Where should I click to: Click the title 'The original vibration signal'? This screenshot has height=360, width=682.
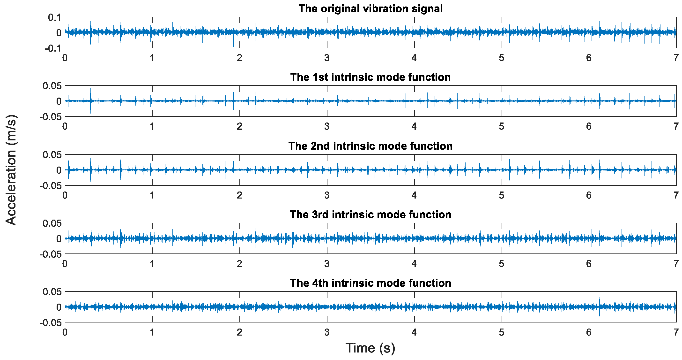tap(371, 9)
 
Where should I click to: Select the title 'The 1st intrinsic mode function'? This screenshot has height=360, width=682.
tap(371, 77)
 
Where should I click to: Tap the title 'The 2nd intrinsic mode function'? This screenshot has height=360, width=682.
tap(371, 146)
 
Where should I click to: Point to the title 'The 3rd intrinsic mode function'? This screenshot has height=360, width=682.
tap(371, 214)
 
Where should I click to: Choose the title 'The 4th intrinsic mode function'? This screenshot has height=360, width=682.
tap(371, 283)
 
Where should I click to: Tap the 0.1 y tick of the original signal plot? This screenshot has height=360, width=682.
tap(55, 17)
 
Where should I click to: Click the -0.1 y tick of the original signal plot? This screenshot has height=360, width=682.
tap(53, 48)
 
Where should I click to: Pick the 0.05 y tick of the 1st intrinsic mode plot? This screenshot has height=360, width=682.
tap(52, 86)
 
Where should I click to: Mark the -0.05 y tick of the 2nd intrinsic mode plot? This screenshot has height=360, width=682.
tap(50, 185)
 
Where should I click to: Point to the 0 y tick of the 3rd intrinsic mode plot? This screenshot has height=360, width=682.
tap(59, 238)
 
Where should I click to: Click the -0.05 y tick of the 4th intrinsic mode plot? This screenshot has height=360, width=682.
tap(50, 323)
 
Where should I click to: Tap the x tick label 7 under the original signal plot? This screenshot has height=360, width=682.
tap(676, 58)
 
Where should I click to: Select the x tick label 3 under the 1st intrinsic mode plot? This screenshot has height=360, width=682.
tap(327, 126)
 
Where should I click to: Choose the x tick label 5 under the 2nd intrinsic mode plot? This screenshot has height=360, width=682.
tap(501, 195)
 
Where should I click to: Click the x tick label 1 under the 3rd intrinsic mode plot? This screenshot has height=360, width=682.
tap(152, 264)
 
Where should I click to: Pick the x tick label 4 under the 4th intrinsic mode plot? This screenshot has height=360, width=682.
tap(414, 332)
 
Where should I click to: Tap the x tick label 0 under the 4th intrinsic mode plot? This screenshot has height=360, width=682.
tap(65, 332)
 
